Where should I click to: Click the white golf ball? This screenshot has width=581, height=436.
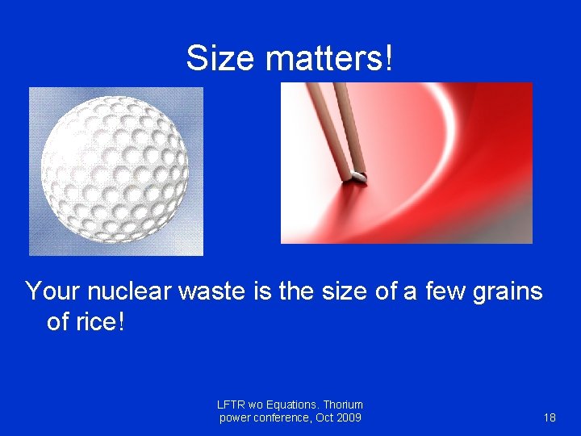click(115, 171)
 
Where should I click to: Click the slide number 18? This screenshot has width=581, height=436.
click(550, 417)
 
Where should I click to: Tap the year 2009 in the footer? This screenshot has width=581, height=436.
click(348, 417)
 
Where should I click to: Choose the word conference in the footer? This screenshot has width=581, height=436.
click(282, 417)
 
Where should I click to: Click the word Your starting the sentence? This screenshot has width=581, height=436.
click(53, 291)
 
